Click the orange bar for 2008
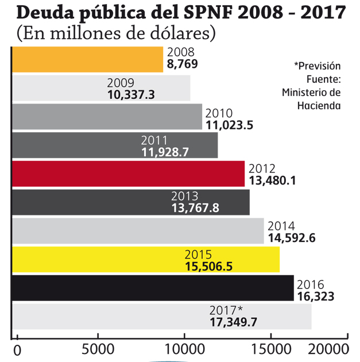[x=86, y=59]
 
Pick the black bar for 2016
[x=152, y=288]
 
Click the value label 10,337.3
[x=131, y=94]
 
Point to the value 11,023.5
[x=229, y=123]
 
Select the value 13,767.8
[x=195, y=208]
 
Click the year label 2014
[x=281, y=226]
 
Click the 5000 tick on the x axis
[x=98, y=349]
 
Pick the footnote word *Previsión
[x=317, y=66]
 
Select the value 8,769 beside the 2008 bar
[x=182, y=64]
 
